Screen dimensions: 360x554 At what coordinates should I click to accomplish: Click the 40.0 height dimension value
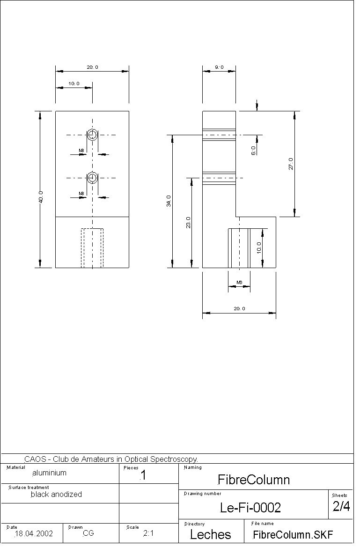tap(41, 197)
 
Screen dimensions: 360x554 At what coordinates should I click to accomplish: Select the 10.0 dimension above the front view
tap(74, 84)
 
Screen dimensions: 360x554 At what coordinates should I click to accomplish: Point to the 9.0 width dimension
tap(219, 67)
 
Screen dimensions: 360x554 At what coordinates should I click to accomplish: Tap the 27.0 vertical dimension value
tap(291, 164)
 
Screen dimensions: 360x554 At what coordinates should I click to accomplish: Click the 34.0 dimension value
tap(169, 201)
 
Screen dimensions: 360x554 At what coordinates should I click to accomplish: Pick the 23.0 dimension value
tap(189, 223)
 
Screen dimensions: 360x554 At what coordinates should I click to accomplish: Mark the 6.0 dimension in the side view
tap(253, 151)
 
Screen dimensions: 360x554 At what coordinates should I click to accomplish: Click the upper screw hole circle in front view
tap(92, 135)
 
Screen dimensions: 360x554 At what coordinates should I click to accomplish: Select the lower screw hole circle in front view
tap(92, 178)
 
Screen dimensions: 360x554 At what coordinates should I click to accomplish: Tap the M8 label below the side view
tap(239, 282)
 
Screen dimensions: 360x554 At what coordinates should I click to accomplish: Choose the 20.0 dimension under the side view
tap(239, 308)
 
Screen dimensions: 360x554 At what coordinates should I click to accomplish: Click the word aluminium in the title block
tap(49, 473)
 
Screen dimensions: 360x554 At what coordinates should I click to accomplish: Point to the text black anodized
tap(56, 494)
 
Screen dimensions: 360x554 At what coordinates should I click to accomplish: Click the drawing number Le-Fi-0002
tap(250, 508)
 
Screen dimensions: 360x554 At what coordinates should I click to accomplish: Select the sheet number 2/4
tap(341, 506)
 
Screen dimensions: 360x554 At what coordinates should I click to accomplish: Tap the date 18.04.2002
tap(34, 533)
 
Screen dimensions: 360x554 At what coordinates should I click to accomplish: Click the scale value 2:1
tap(148, 533)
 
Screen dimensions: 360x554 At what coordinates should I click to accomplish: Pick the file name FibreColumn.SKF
tap(293, 534)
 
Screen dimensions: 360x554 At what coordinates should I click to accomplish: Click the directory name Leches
tap(210, 534)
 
